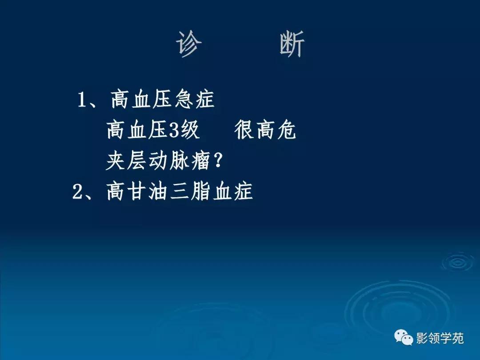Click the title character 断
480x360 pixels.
click(x=292, y=45)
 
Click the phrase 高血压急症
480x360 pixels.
click(x=163, y=100)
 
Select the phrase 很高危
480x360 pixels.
click(x=265, y=131)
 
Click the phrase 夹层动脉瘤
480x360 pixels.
click(x=157, y=161)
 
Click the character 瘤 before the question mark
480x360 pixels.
click(x=199, y=161)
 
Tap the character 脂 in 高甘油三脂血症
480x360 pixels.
click(x=200, y=192)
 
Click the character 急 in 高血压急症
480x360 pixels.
click(x=184, y=100)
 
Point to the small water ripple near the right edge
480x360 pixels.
click(x=458, y=262)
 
